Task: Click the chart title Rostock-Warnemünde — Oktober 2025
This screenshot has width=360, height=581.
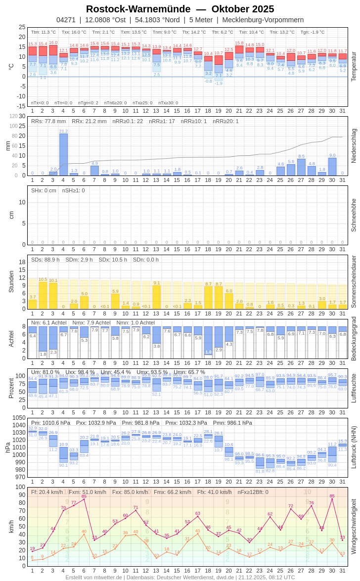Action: [180, 9]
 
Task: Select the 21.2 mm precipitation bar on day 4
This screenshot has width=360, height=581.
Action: [63, 154]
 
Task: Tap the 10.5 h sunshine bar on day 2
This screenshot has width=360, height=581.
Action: [43, 295]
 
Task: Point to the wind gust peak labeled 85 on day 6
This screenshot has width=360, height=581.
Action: [84, 499]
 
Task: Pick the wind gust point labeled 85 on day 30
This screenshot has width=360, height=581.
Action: [332, 499]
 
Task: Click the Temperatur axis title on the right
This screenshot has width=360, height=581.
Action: [353, 67]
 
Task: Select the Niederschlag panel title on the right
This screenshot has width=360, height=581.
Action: [353, 146]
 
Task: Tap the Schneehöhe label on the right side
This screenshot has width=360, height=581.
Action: [353, 215]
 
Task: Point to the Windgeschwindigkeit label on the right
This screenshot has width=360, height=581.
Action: [353, 527]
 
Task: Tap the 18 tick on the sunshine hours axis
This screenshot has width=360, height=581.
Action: [22, 262]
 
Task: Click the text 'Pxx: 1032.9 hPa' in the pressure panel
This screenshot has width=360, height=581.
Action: [96, 423]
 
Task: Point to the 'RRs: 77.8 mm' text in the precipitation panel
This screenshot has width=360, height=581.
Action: [48, 121]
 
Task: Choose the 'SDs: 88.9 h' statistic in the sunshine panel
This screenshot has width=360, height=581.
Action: [45, 260]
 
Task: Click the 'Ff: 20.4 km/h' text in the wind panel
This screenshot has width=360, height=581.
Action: [47, 492]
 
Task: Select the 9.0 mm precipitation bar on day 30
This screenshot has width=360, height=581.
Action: [332, 167]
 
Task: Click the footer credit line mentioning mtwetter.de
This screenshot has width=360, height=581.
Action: [180, 577]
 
